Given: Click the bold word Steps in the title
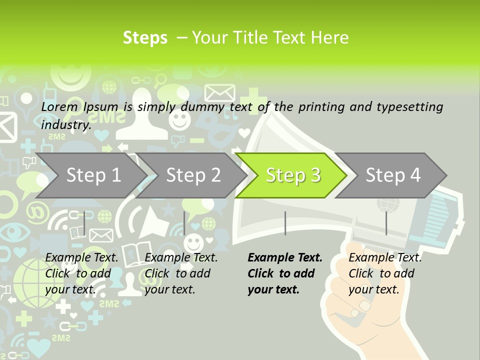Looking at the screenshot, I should pyautogui.click(x=145, y=38).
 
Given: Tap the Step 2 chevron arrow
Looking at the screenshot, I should pyautogui.click(x=193, y=175).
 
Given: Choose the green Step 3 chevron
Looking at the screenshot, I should pyautogui.click(x=293, y=175).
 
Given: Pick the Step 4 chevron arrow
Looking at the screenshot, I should pyautogui.click(x=393, y=175).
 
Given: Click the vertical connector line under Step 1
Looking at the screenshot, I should pyautogui.click(x=84, y=223).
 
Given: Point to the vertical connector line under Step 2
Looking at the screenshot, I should pyautogui.click(x=184, y=223).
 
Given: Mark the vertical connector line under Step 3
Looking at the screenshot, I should pyautogui.click(x=285, y=223).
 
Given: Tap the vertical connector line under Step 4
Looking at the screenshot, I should pyautogui.click(x=386, y=223).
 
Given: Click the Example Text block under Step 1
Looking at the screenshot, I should pyautogui.click(x=82, y=273).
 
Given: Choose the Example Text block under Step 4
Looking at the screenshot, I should pyautogui.click(x=384, y=273).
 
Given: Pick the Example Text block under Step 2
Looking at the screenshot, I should pyautogui.click(x=181, y=273).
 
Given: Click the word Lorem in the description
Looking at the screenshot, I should pyautogui.click(x=59, y=106).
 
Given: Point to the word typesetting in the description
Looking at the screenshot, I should pyautogui.click(x=409, y=107).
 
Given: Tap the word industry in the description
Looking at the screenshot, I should pyautogui.click(x=65, y=125).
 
